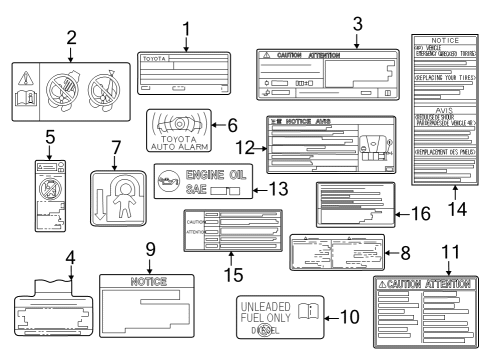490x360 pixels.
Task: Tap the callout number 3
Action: click(x=356, y=24)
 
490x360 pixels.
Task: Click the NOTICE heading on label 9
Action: click(x=148, y=282)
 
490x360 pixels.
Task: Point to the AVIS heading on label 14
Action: click(x=449, y=112)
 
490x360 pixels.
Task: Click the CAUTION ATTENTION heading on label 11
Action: click(x=430, y=286)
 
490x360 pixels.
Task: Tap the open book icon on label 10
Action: click(x=310, y=311)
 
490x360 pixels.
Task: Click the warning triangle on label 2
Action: click(x=26, y=78)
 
